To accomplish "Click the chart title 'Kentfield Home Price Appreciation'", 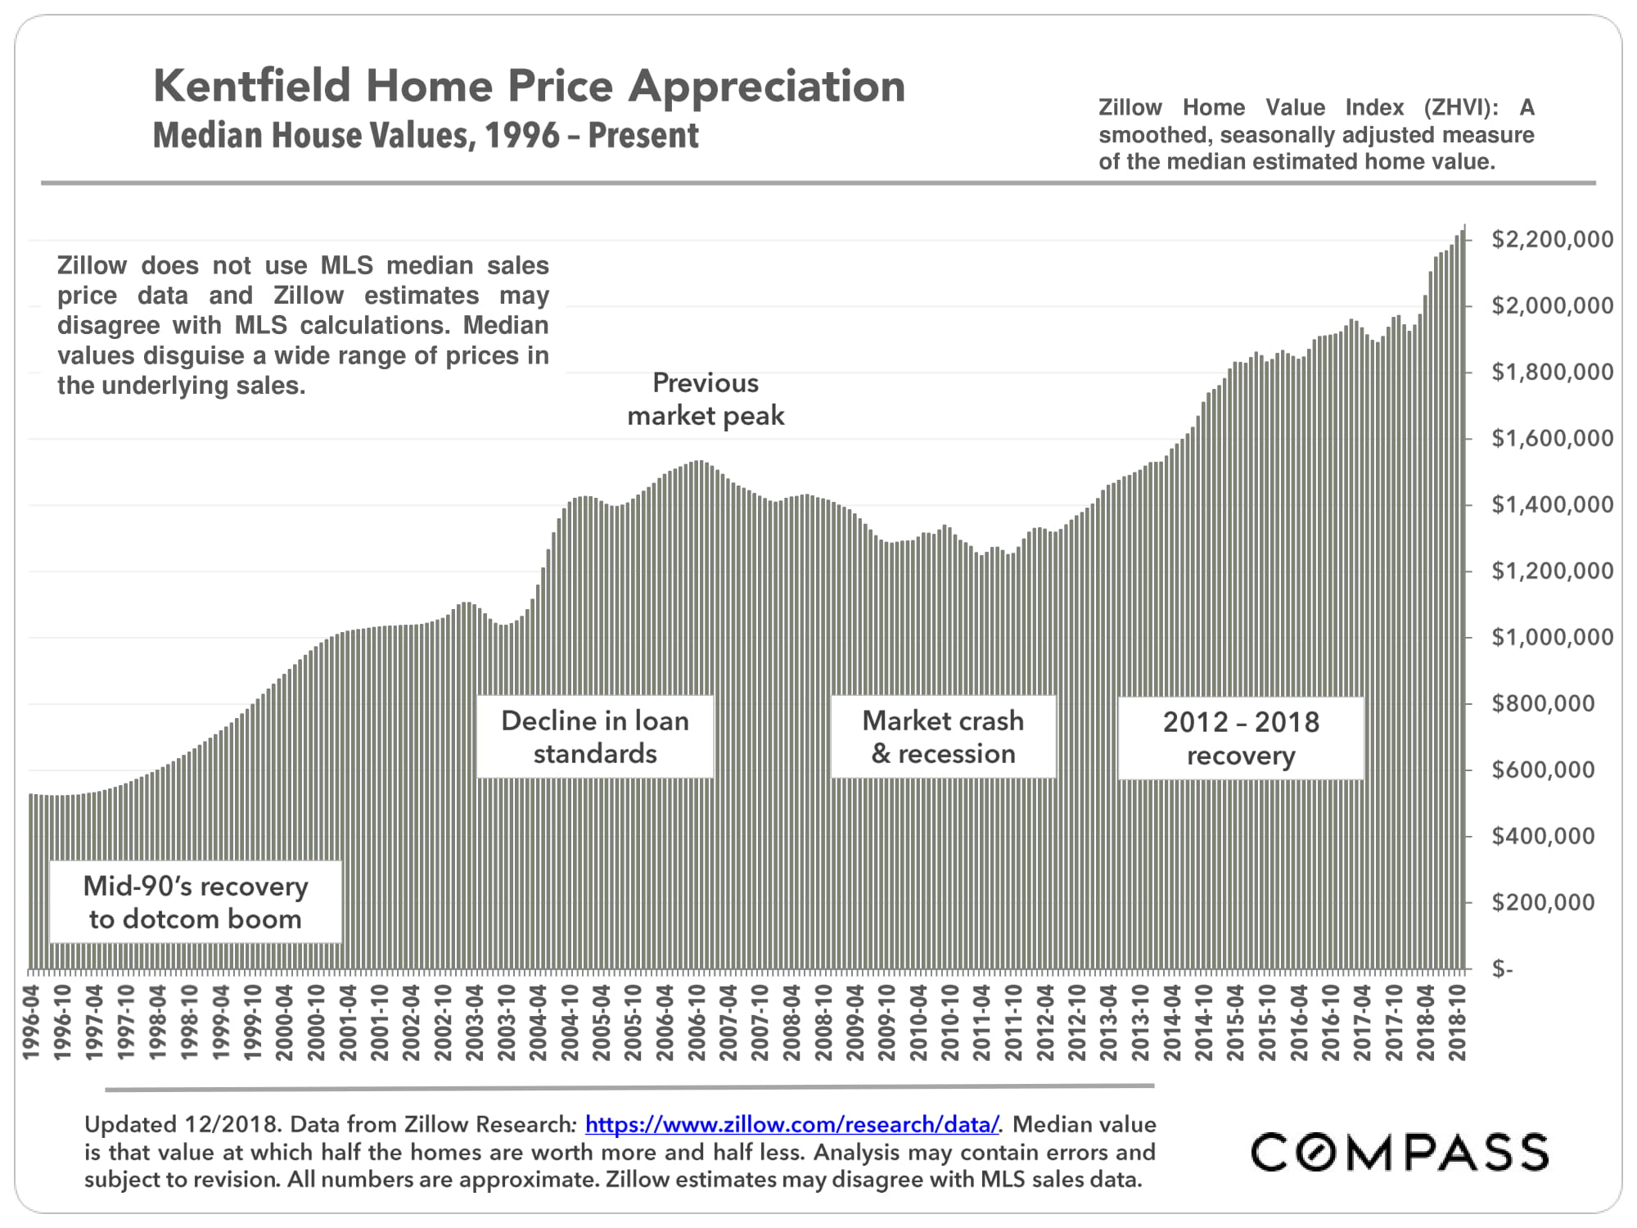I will point(529,86).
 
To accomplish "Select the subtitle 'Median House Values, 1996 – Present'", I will point(426,136).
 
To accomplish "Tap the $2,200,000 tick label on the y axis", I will point(1552,239).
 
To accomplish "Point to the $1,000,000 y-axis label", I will point(1552,637).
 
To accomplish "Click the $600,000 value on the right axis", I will point(1543,770).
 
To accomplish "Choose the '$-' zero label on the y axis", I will point(1502,969).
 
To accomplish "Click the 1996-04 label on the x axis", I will point(32,1023).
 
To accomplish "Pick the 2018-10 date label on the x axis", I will point(1457,1023).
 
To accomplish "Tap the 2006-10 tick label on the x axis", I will point(697,1023).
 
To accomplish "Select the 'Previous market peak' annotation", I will point(706,400).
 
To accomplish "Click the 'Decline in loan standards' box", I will point(595,737).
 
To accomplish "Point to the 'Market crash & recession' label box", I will point(943,737).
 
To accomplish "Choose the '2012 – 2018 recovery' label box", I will point(1241,738).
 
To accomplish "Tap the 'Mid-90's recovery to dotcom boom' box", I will point(196,902).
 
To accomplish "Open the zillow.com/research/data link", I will point(791,1125).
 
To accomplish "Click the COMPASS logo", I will point(1400,1153).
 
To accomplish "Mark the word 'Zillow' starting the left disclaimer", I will point(92,265).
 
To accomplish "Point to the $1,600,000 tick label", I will point(1552,438).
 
